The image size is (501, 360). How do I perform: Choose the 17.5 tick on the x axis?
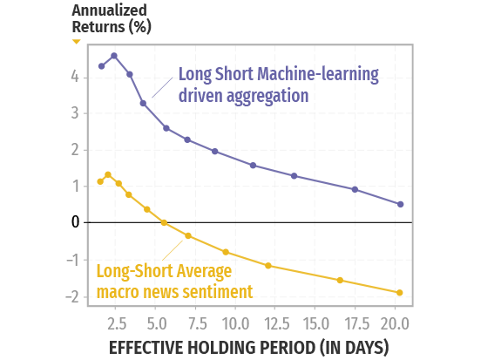pos(355,323)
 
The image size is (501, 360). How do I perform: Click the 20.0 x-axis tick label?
pos(395,323)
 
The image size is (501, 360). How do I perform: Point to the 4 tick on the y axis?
pos(77,77)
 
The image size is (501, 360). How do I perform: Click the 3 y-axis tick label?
pos(77,113)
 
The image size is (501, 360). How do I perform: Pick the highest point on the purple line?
pos(113,56)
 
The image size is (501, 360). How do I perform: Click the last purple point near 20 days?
pos(400,204)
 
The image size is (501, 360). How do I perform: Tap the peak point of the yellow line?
pos(108,174)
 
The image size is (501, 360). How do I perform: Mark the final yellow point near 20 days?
pos(400,292)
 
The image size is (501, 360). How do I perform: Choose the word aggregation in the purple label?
pos(265,95)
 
